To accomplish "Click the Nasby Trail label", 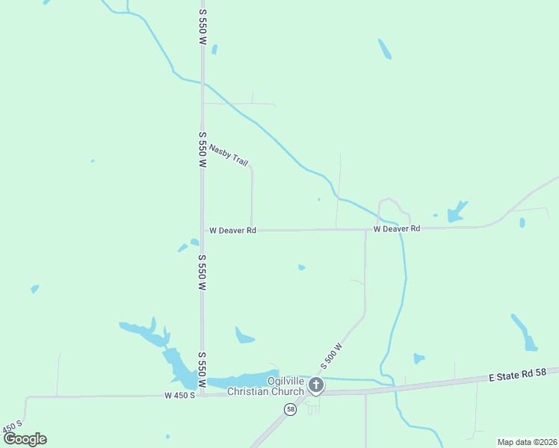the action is pos(229,155).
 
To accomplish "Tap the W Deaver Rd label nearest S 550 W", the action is pos(232,231).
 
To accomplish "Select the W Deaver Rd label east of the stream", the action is pos(397,228).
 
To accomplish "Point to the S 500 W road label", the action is pos(331,355).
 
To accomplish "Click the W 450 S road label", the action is pos(179,395).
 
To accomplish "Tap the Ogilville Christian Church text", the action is pos(265,386).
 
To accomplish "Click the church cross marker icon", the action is pos(316,385).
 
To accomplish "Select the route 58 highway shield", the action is pos(290,409).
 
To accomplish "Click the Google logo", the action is pos(25,439).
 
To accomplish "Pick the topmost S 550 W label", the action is pos(202,28).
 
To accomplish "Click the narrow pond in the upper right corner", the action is pos(385,49).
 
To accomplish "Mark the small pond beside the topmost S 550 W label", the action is pos(214,50).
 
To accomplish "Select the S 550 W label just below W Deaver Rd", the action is pos(202,273).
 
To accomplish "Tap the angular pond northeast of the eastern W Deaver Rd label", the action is pos(456,212).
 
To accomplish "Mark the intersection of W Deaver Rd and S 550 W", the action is pos(202,231).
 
